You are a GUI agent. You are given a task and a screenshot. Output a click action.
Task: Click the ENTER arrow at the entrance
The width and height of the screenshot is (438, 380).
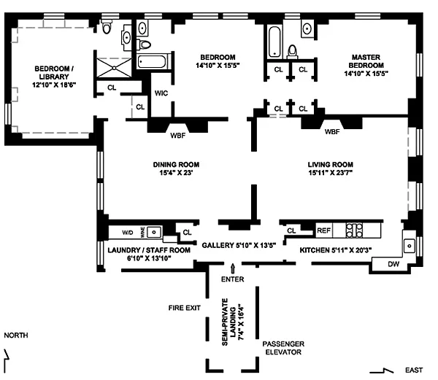pos(232,268)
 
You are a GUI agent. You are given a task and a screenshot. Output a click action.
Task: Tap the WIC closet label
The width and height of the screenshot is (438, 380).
pos(161,93)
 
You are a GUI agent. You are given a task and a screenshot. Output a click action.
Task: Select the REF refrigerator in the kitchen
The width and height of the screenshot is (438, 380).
pos(324,230)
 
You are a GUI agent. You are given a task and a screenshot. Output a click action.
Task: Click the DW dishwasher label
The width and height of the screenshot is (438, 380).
pos(393,264)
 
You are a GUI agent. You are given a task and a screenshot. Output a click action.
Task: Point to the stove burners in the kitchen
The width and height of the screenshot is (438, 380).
pos(354,230)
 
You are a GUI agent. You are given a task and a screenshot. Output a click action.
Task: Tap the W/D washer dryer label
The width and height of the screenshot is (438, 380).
pos(127,233)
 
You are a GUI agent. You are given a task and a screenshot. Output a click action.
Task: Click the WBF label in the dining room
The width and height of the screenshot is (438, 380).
pos(178,136)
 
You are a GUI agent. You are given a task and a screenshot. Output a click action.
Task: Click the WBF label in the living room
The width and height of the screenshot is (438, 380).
pos(332,132)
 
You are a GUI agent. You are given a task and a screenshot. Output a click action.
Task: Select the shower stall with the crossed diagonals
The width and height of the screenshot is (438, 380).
pos(114,68)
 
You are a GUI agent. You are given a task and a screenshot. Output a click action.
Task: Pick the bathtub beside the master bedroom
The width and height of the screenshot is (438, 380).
pos(274,42)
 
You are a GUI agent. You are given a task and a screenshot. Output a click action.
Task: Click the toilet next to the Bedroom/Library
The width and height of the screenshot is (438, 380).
pos(107,26)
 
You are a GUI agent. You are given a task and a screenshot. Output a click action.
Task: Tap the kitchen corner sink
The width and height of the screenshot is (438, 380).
pos(410,246)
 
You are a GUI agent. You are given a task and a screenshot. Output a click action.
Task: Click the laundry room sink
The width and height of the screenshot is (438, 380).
pos(154,232)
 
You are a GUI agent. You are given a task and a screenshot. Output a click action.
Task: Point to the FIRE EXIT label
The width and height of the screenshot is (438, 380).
pos(185,308)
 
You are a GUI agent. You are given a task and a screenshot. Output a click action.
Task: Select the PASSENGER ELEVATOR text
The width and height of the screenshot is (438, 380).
pos(283,348)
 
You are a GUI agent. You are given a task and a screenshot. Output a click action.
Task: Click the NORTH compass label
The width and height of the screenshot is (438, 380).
pos(16,335)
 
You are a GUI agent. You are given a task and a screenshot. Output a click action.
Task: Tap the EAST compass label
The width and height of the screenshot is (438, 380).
pos(414,370)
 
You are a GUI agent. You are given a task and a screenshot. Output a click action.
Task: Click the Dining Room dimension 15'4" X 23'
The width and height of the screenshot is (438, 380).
pos(176,173)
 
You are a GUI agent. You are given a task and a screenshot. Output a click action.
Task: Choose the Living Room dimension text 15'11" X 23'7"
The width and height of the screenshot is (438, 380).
pos(331,173)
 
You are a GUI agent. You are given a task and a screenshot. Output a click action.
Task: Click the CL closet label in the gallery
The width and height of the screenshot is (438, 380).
pos(187,232)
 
